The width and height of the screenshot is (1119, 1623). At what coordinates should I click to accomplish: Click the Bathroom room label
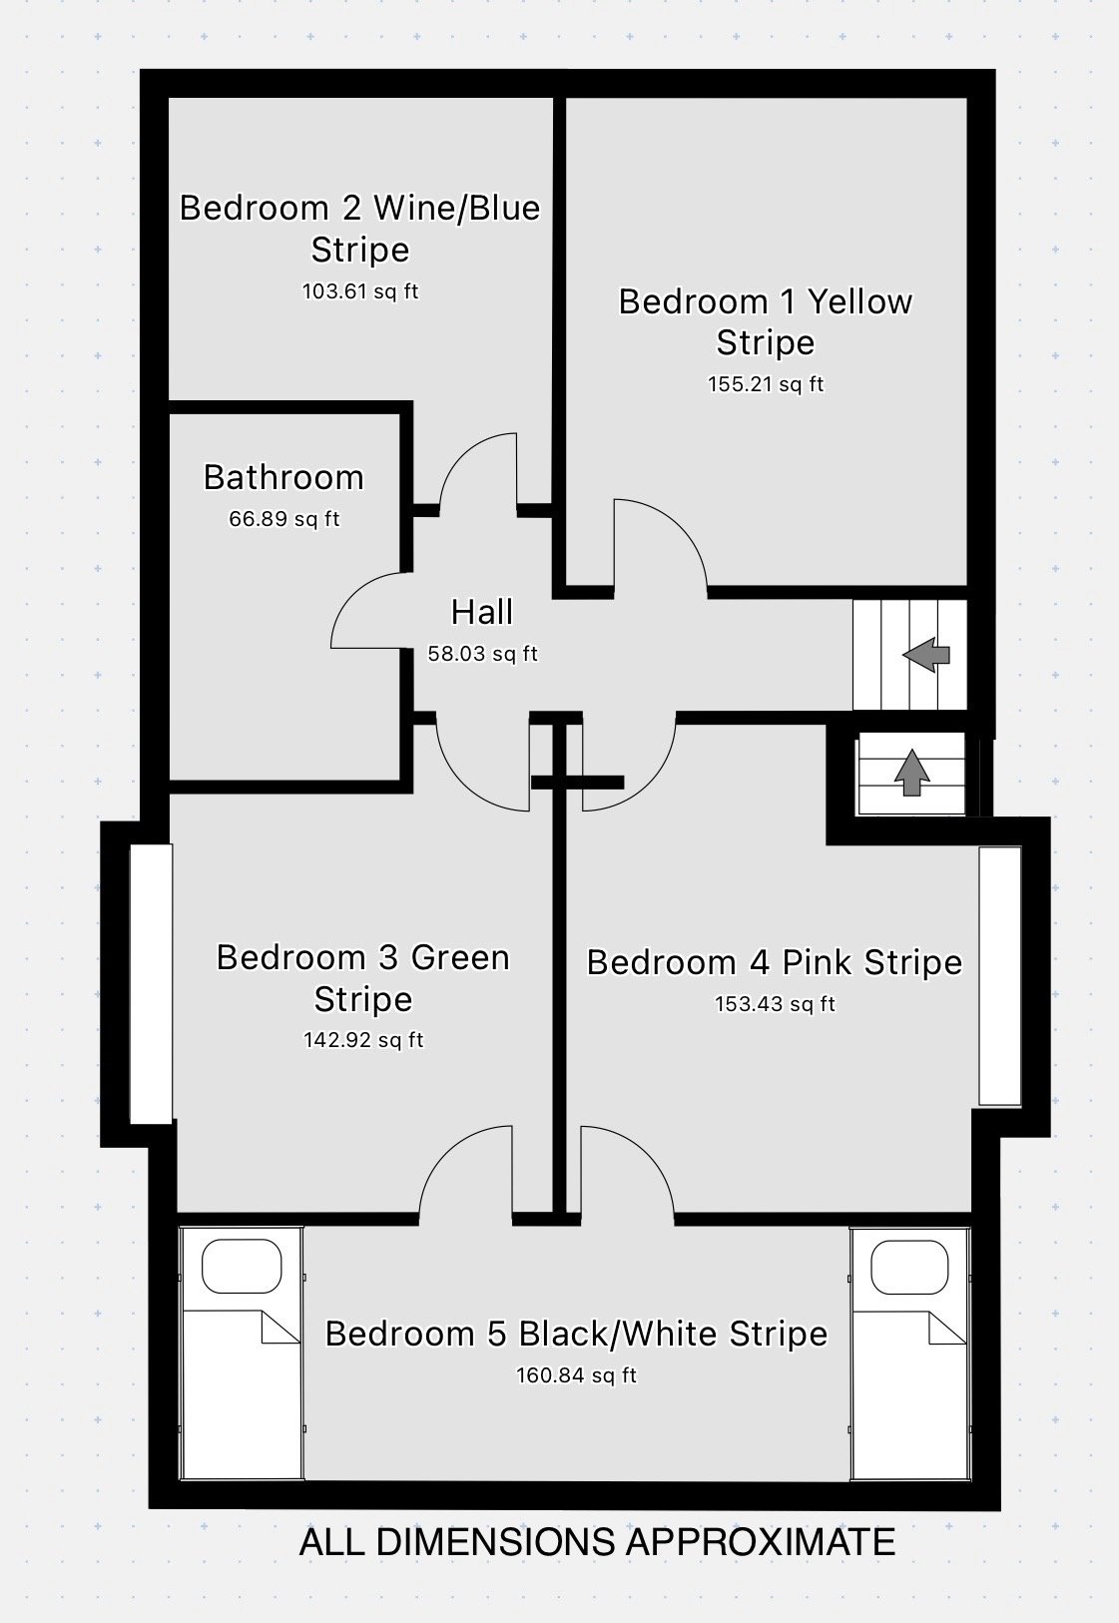coord(283,477)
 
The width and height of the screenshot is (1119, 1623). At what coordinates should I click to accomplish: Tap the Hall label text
coord(482,612)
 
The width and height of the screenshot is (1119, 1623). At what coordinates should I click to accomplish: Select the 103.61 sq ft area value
coord(360,292)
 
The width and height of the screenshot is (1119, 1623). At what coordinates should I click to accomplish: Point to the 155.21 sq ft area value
coord(766,384)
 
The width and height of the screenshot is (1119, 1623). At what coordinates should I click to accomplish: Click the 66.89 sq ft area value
coord(284,519)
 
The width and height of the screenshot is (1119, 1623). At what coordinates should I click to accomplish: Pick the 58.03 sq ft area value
coord(483,654)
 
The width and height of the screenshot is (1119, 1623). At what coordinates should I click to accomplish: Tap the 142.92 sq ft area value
coord(363,1040)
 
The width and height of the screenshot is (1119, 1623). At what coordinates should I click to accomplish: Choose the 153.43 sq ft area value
coord(775,1004)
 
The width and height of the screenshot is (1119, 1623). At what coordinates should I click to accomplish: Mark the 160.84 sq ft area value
coord(576,1375)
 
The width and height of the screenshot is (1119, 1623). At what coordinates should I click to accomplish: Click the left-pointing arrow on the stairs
coord(925,655)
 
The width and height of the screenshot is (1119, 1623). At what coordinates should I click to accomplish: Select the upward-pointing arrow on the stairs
coord(911,774)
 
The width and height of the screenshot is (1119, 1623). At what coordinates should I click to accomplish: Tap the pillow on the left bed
coord(242,1266)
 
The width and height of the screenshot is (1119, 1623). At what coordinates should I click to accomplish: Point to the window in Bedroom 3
coord(151,984)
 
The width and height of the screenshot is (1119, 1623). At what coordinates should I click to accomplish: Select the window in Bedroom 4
coord(1000,976)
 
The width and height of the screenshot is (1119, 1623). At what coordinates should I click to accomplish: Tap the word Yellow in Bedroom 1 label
coord(859,302)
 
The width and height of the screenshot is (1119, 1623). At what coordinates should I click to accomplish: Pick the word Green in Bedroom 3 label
coord(460,958)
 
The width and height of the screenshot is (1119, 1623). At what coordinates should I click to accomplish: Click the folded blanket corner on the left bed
coord(280,1327)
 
